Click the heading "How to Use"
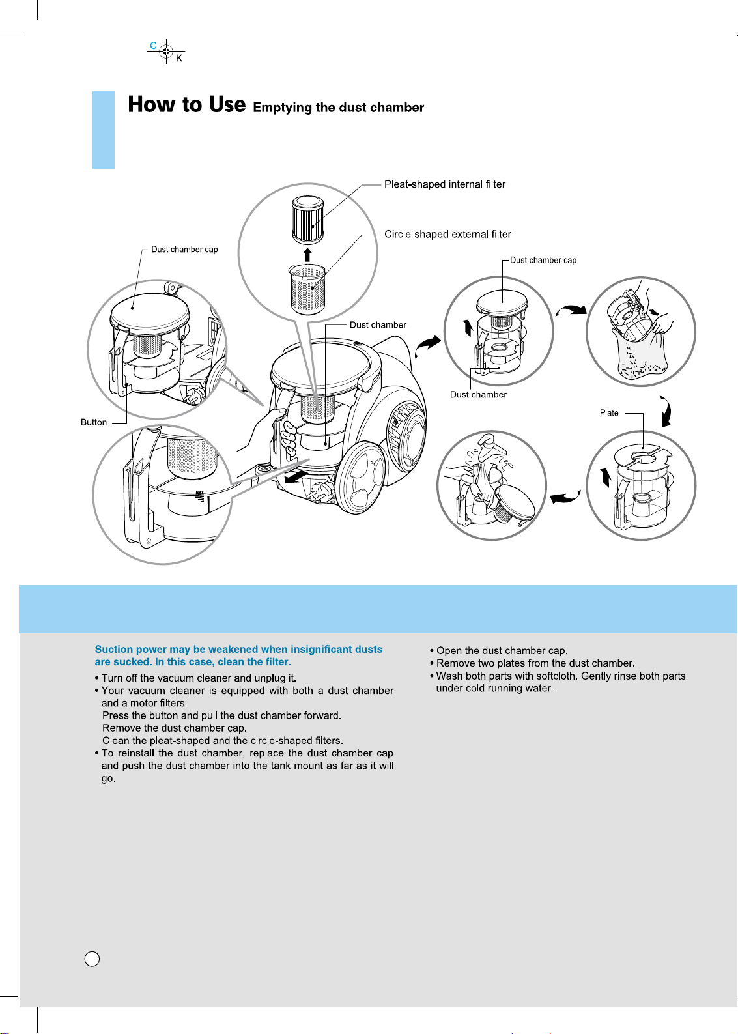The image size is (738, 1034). (x=186, y=104)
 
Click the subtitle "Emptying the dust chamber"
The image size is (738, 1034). (x=338, y=108)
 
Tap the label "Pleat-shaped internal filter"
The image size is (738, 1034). (x=444, y=184)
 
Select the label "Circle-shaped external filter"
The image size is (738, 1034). (x=447, y=234)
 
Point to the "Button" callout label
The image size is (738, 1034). (x=94, y=422)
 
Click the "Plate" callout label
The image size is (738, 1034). (x=609, y=413)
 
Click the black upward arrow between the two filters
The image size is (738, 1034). (x=307, y=254)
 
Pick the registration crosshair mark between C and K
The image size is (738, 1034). (x=166, y=51)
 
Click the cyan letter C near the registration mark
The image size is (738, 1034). (x=153, y=46)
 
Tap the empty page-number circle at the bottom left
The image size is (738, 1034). (x=92, y=958)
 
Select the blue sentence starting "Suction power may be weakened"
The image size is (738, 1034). (x=238, y=655)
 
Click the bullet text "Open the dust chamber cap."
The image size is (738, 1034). (x=502, y=650)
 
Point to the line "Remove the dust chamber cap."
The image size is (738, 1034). (x=174, y=728)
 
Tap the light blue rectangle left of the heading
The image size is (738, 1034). (x=104, y=130)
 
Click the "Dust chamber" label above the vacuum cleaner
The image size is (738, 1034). (x=378, y=325)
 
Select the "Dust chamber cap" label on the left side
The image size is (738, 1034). (x=184, y=250)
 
